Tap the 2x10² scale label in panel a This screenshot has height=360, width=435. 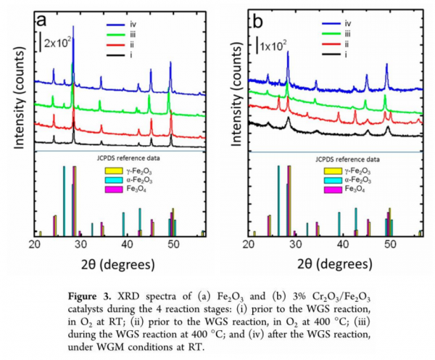pyautogui.click(x=59, y=43)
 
